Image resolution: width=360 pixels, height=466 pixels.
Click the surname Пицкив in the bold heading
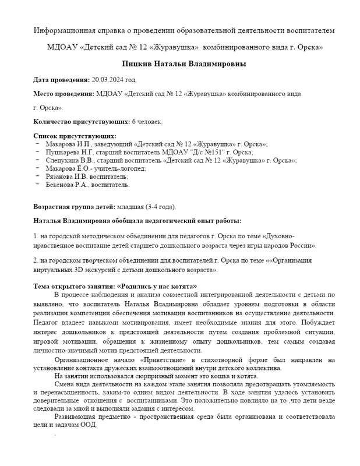tap(140, 63)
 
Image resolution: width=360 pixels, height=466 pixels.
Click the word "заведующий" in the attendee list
tap(113, 143)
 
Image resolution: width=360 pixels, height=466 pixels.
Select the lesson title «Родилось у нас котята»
tap(157, 286)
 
